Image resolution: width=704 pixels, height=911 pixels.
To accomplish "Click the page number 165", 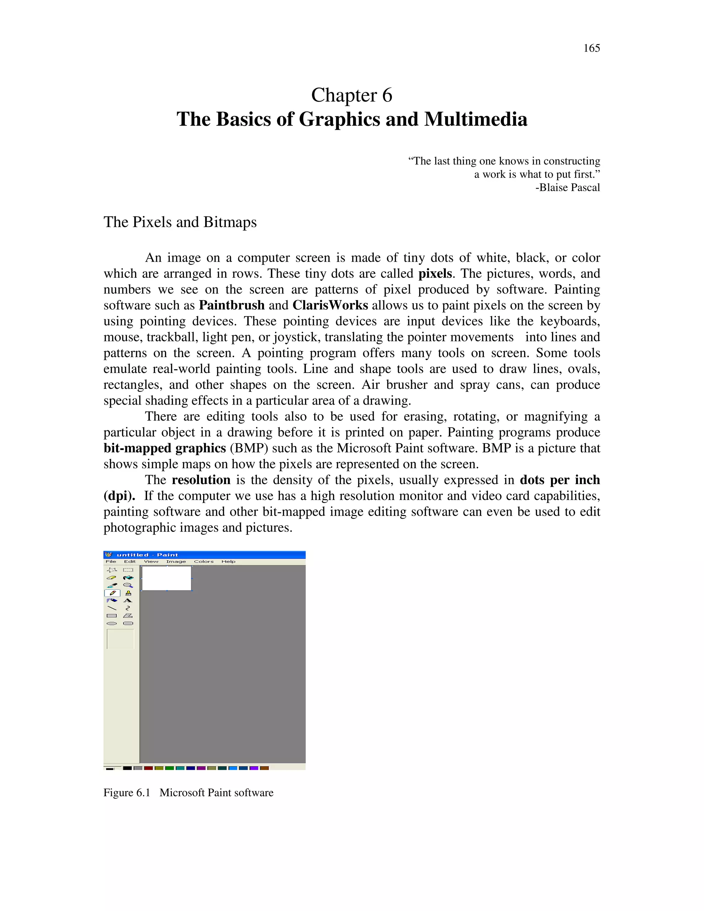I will coord(591,48).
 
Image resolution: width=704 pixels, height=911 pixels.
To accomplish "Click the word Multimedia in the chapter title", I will coord(475,119).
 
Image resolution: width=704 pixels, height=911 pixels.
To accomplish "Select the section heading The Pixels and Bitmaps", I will coord(180,222).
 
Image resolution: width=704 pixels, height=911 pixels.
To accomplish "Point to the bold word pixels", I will coord(434,274).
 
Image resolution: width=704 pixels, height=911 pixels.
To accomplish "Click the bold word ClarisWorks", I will coord(330,305).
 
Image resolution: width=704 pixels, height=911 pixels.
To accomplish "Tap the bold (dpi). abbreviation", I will coord(119,496).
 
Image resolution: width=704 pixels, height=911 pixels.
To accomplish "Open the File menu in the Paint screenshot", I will coord(111,561).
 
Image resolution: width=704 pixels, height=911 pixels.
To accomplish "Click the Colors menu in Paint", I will coord(203,561).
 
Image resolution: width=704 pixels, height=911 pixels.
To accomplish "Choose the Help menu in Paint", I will coord(228,561).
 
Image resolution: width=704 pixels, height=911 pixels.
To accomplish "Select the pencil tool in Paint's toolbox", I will coord(112,593).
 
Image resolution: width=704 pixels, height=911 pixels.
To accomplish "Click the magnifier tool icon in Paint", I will coord(128,585).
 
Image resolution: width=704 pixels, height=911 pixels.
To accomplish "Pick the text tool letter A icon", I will coord(128,601).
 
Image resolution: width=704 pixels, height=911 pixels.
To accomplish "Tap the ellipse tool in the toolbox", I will coord(112,623).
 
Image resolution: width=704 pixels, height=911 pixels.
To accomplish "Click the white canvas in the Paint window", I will coord(166,578).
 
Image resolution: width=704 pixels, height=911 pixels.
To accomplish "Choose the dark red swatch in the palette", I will coord(148,768).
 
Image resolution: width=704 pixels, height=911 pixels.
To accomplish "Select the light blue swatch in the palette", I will coord(233,768).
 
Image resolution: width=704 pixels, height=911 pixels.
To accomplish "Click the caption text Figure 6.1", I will coord(126,792).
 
